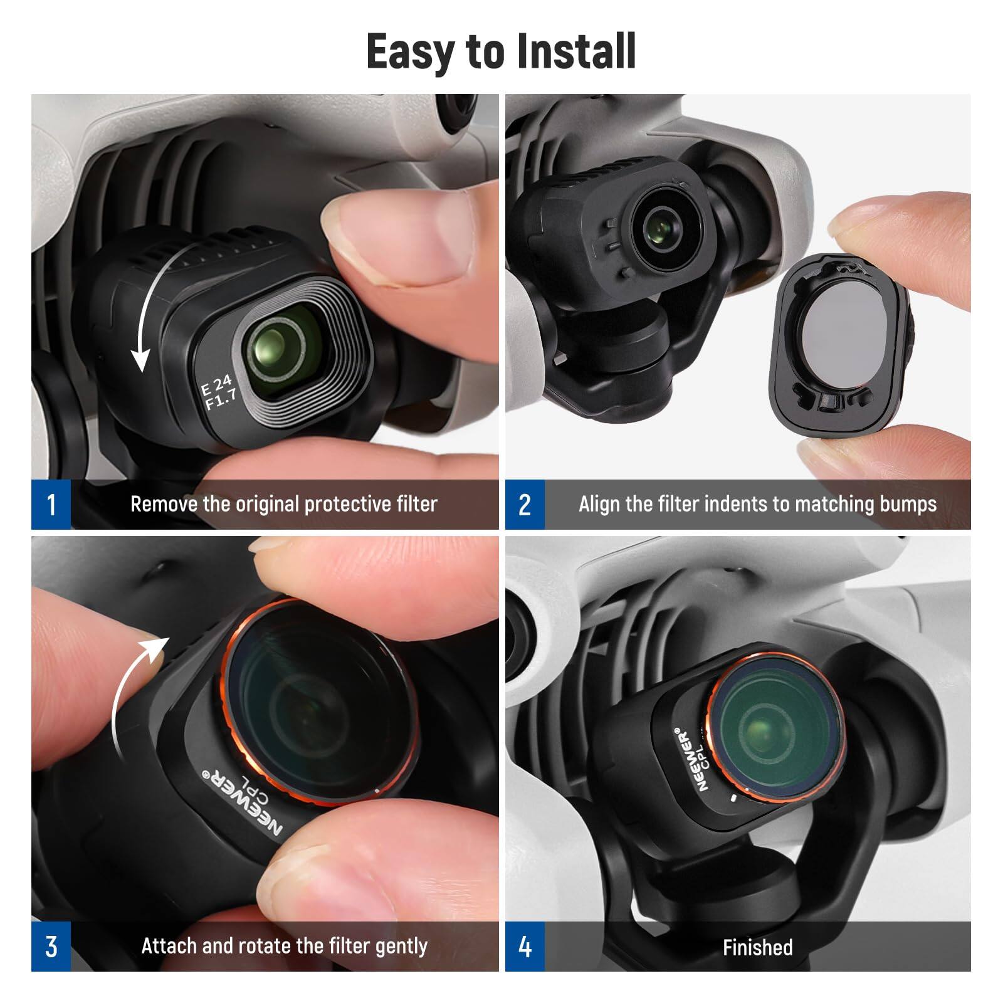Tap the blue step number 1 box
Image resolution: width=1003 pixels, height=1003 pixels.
coord(51,505)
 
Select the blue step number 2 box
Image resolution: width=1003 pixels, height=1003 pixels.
coord(525,505)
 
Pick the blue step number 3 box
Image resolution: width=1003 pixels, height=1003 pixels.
coord(51,947)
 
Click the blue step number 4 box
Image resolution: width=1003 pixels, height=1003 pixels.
coord(525,947)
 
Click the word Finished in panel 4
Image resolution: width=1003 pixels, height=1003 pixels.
coord(757,947)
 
